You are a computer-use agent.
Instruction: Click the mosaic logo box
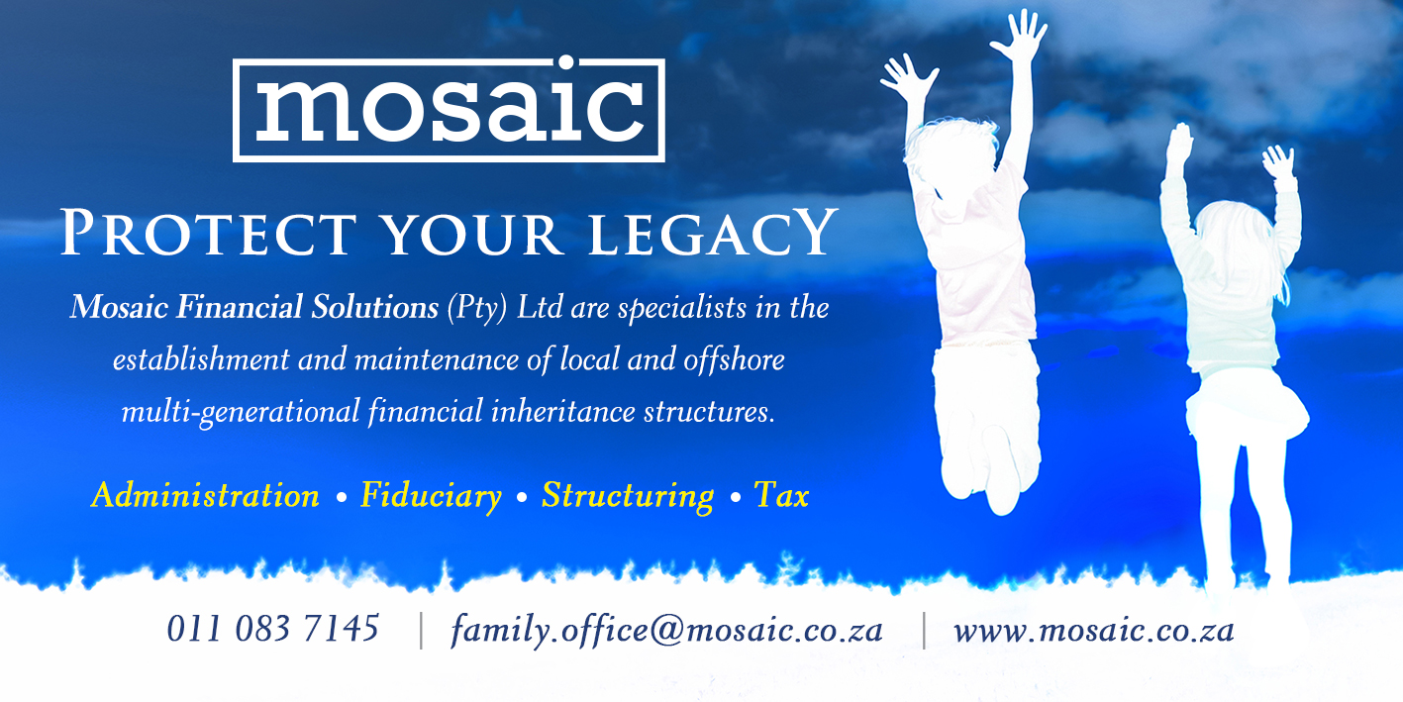pyautogui.click(x=449, y=110)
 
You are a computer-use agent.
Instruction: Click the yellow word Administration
pyautogui.click(x=205, y=495)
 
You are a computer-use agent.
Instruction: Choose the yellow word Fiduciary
pyautogui.click(x=431, y=495)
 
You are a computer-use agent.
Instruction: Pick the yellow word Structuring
pyautogui.click(x=627, y=495)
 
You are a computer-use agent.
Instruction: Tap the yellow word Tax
pyautogui.click(x=781, y=495)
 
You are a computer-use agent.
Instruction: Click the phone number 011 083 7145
pyautogui.click(x=272, y=629)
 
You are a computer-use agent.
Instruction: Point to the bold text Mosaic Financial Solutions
pyautogui.click(x=253, y=308)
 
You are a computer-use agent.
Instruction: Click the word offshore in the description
pyautogui.click(x=734, y=359)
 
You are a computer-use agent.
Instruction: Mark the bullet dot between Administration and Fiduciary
pyautogui.click(x=341, y=498)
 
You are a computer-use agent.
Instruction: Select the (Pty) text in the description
pyautogui.click(x=476, y=309)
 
